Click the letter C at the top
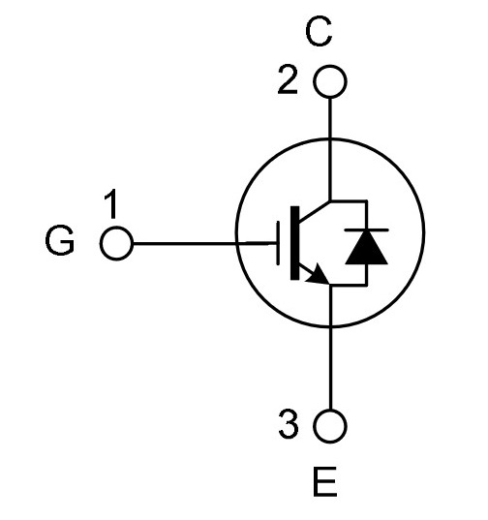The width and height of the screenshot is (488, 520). point(319,32)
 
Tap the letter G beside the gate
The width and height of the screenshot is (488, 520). point(60,240)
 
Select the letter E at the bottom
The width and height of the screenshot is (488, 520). point(324,481)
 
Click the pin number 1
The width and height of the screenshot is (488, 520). point(111,203)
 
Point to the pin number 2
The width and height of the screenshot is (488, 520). point(288,79)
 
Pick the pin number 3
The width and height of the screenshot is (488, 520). point(289,423)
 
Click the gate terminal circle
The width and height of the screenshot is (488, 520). point(116,243)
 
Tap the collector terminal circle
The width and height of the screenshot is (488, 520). point(330,81)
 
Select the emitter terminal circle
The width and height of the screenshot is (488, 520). point(330,426)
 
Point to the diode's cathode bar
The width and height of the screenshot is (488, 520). point(366,229)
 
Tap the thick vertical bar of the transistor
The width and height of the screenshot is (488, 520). point(294,243)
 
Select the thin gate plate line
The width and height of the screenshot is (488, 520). point(278,243)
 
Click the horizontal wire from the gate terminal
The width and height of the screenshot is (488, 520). point(205,244)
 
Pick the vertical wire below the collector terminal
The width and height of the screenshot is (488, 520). point(330,149)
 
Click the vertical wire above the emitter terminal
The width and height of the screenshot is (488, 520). point(330,347)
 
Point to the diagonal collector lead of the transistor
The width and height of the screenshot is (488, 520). point(315,211)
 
